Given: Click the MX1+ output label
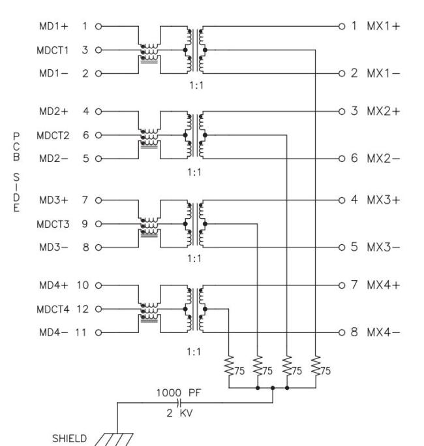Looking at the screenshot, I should click(x=383, y=27).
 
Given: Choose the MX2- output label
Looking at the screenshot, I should click(x=383, y=159).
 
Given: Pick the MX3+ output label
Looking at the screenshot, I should click(x=383, y=199).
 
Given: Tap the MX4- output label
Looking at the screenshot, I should click(x=383, y=332).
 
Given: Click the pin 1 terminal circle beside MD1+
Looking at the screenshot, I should click(x=98, y=27).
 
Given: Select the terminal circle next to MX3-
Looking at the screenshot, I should click(x=341, y=247).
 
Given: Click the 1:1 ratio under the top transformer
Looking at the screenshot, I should click(x=194, y=85).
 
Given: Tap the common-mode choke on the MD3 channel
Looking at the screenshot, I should click(x=149, y=224).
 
